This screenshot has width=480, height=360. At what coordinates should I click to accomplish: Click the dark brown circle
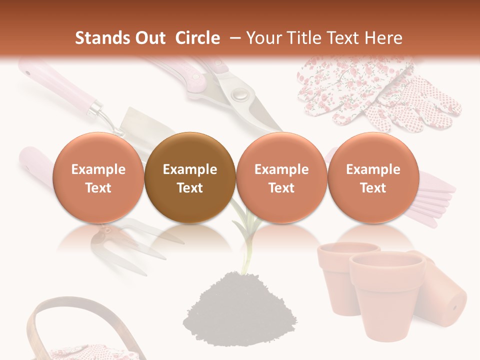point(190,178)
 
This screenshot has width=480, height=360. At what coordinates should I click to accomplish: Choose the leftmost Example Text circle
point(98,178)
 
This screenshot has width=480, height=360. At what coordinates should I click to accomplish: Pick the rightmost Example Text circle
point(373,178)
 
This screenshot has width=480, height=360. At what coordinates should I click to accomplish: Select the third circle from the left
point(281,178)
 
